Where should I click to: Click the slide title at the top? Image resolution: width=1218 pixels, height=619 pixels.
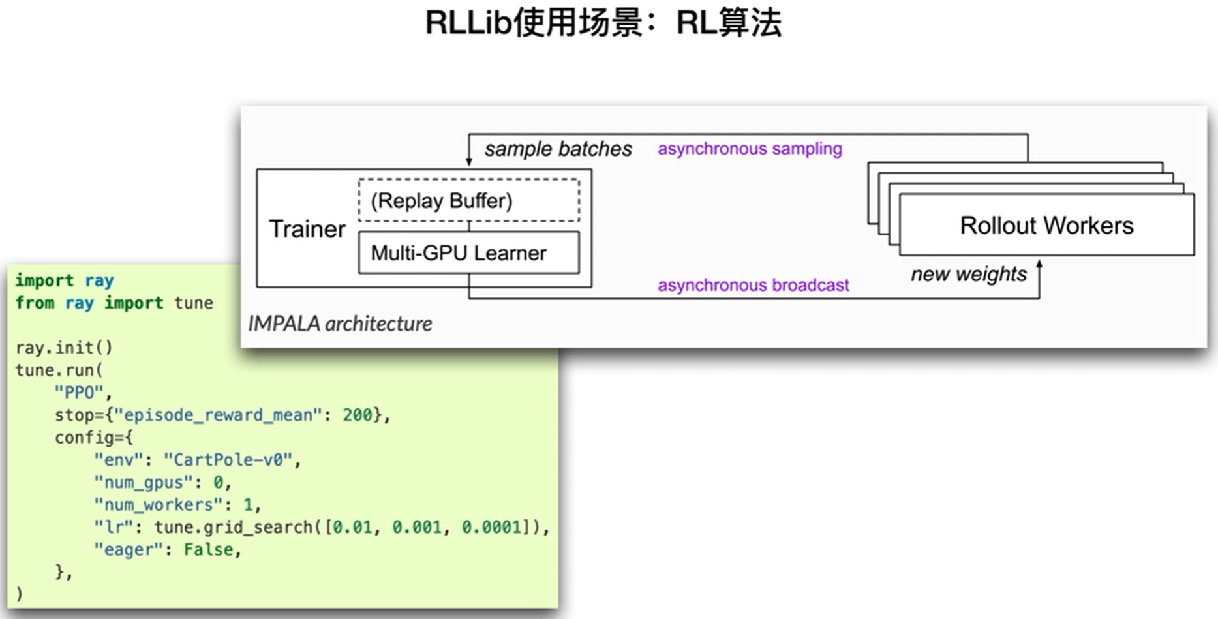[x=603, y=23]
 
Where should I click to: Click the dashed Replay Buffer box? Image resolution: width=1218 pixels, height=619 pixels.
[x=468, y=200]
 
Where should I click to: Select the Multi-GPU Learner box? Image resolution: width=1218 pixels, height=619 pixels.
[x=468, y=252]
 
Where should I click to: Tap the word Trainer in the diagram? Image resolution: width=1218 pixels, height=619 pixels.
[x=307, y=230]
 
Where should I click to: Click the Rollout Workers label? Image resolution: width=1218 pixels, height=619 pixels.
[x=1046, y=226]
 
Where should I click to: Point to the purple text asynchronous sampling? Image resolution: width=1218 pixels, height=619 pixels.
[x=750, y=149]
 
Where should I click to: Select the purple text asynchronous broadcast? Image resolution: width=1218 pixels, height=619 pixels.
[x=753, y=285]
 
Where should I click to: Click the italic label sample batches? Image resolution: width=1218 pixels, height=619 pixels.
[x=558, y=149]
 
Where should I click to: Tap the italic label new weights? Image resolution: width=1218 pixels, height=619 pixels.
[x=968, y=274]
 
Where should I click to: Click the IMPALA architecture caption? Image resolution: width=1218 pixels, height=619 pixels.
[x=340, y=324]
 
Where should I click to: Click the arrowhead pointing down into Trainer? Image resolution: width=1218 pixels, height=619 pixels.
[x=468, y=161]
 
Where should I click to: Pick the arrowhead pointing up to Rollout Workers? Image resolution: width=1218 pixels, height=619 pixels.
[x=1039, y=264]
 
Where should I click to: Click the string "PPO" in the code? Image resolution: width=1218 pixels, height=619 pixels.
[x=79, y=393]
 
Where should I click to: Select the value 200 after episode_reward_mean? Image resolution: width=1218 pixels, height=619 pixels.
[x=357, y=415]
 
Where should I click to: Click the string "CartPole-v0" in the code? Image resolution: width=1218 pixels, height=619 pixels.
[x=228, y=460]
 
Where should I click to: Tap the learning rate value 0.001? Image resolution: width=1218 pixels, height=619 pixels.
[x=416, y=527]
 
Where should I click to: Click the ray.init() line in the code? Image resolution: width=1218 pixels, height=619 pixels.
[x=64, y=348]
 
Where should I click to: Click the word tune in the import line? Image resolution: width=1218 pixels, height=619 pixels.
[x=193, y=303]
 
